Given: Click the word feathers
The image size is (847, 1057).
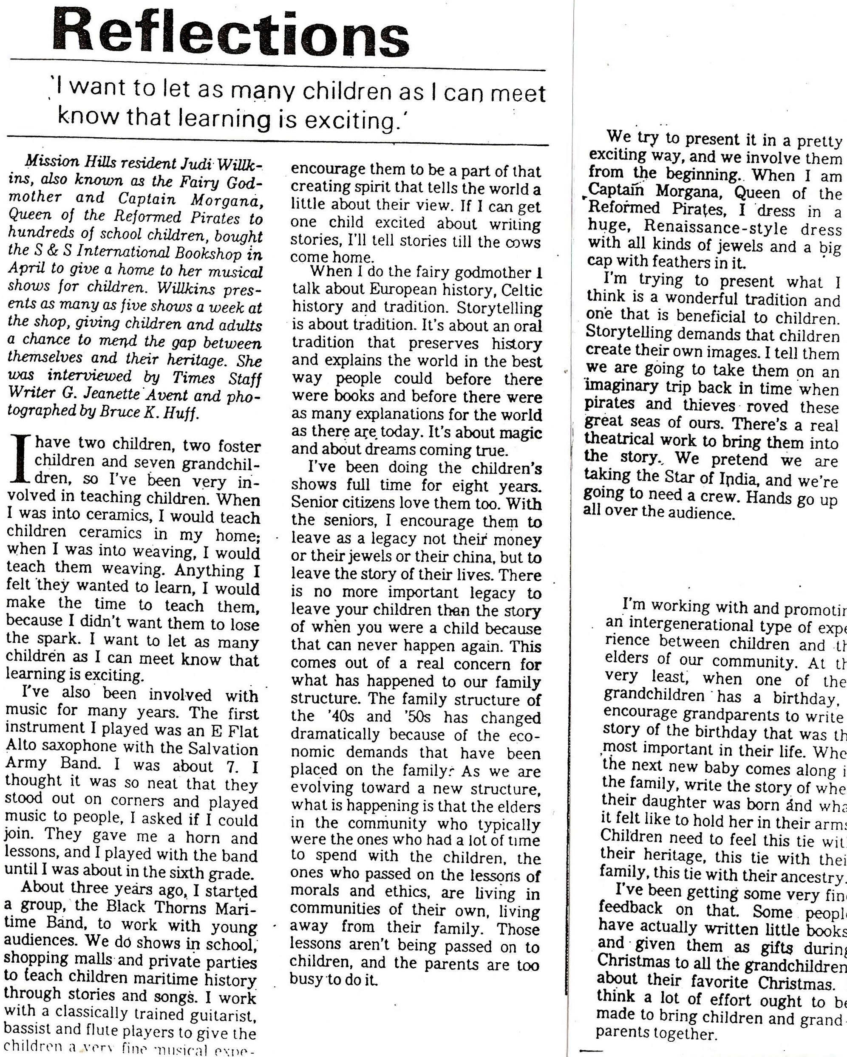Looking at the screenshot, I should [x=679, y=262].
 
